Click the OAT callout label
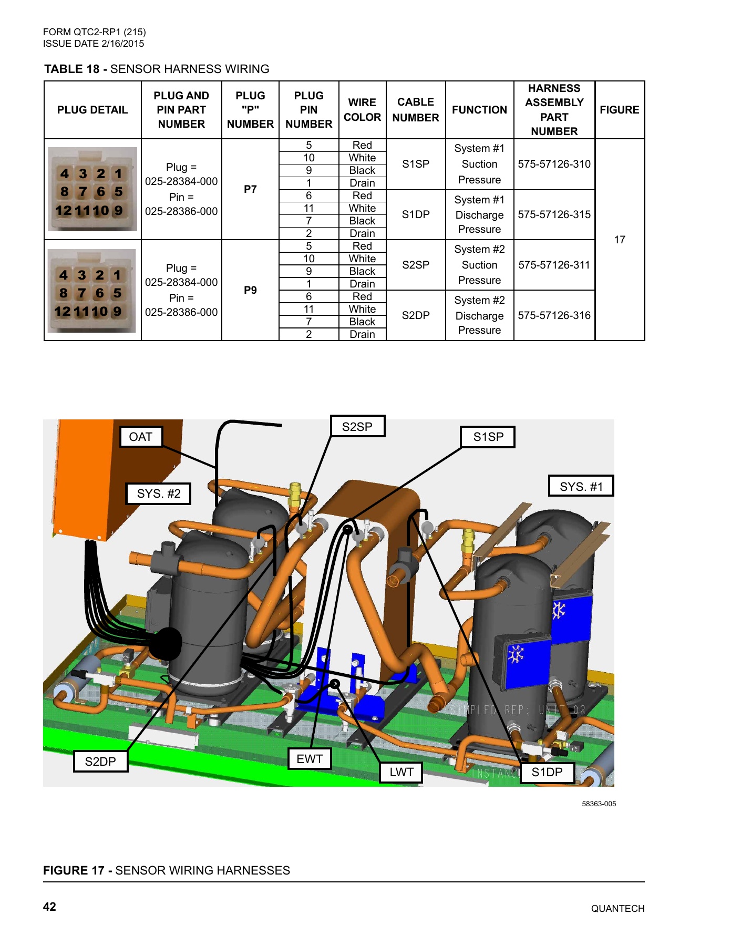point(140,437)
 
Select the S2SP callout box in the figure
point(357,426)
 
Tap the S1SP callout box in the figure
point(488,437)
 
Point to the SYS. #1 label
point(581,486)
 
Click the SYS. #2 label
point(158,493)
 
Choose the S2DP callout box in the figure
point(100,761)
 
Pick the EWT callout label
point(310,758)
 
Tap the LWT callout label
point(401,772)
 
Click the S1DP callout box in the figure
point(547,772)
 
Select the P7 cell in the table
point(250,189)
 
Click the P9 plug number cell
point(250,290)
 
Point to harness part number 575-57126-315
point(554,214)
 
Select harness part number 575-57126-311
point(554,265)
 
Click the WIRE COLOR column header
point(362,110)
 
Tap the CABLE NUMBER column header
point(415,110)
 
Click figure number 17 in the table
point(620,240)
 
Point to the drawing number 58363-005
point(599,804)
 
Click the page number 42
point(49,907)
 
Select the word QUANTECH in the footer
point(617,909)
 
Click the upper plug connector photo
point(92,189)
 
